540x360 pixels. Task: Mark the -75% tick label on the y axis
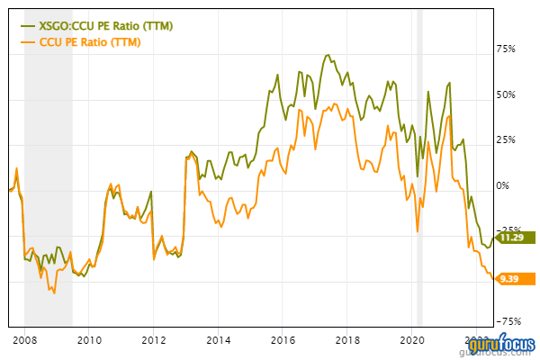click(x=511, y=321)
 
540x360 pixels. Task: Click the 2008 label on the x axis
click(x=24, y=340)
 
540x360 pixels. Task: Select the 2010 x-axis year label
click(x=88, y=340)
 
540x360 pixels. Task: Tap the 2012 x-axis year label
click(x=153, y=340)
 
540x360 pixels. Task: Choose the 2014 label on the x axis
click(x=218, y=340)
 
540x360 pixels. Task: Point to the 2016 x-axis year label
click(x=283, y=340)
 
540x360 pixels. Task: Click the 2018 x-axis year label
click(x=347, y=340)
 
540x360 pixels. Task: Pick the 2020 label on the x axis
click(x=411, y=340)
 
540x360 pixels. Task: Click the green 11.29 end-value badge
click(x=511, y=238)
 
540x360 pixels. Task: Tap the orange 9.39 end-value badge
click(x=511, y=278)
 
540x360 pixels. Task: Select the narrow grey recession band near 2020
click(x=419, y=180)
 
